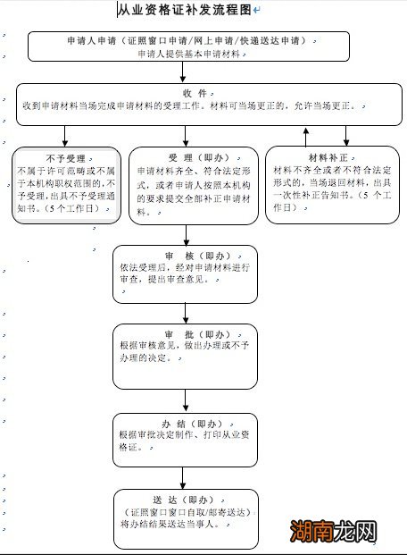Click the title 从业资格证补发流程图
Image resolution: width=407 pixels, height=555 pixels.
click(185, 10)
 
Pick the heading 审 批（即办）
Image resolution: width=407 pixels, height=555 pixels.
click(186, 332)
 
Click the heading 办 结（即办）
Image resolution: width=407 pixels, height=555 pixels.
click(186, 423)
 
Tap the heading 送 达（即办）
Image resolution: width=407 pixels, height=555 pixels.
click(186, 499)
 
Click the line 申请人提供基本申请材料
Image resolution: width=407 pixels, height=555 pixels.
click(187, 55)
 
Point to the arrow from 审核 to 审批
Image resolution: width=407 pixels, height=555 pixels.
click(186, 313)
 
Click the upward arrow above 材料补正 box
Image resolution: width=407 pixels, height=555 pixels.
click(307, 136)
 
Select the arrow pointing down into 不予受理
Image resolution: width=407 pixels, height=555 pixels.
click(65, 136)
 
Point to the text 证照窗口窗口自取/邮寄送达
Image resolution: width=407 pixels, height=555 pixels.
click(186, 512)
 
